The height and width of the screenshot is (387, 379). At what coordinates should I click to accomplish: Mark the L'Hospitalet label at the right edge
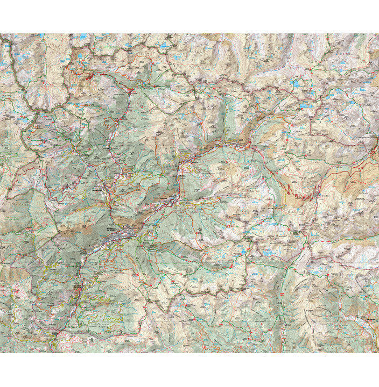click(x=371, y=137)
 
